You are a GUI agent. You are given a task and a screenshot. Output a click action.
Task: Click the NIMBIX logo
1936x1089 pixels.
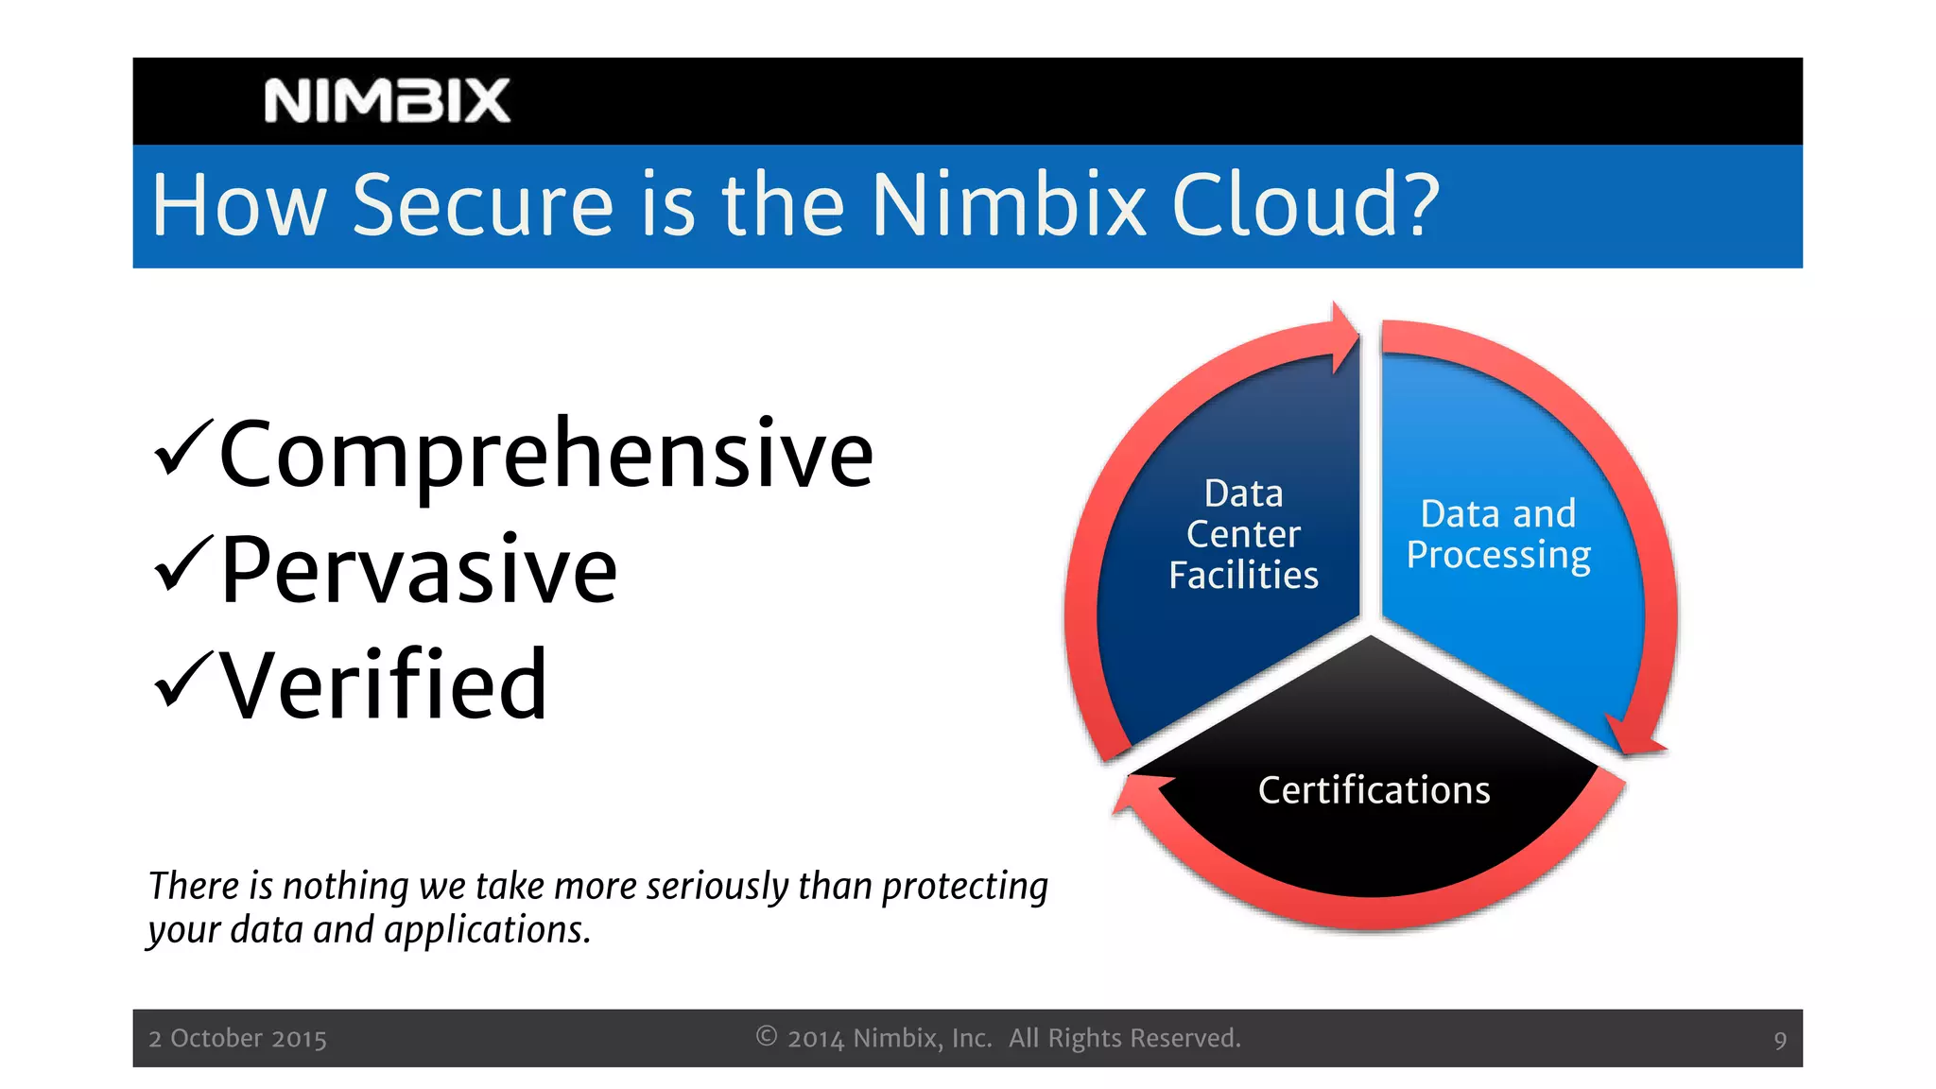387,101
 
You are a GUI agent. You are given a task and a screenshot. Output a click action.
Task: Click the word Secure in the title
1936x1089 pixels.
483,206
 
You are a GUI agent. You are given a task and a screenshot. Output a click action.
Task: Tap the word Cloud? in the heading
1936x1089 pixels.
1305,206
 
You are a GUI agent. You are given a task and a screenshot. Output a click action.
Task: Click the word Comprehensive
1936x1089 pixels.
546,457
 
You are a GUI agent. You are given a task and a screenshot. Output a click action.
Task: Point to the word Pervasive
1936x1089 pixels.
419,570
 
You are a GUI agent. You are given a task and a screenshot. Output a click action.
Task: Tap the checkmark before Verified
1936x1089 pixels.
182,678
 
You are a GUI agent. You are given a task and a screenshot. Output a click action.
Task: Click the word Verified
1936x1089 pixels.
383,685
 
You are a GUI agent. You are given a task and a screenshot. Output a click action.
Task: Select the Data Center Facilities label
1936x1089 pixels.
1243,534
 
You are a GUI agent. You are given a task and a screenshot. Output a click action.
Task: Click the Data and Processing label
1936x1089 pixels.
1498,534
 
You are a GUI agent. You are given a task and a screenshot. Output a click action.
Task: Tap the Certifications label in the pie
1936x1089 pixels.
1374,790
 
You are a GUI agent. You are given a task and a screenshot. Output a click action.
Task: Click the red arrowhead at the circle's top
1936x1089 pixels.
1344,337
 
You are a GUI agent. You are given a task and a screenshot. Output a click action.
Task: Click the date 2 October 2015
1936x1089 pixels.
237,1039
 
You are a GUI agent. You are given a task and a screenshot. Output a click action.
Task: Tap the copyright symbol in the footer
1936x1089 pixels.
767,1037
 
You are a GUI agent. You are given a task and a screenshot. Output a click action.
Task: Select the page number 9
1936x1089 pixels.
1780,1041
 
